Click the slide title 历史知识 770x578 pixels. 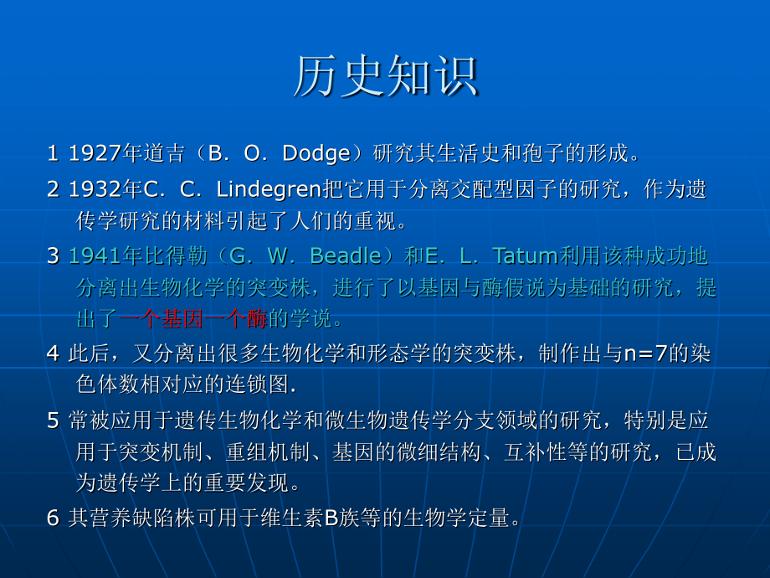tap(385, 77)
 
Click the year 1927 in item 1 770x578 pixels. tap(95, 153)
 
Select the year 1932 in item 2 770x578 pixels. tap(95, 189)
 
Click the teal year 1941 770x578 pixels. tap(95, 255)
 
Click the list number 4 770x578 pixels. tap(53, 353)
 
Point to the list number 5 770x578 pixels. tap(53, 420)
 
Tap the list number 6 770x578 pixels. tap(53, 518)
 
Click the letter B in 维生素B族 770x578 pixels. tap(331, 518)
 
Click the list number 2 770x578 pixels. tap(53, 189)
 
